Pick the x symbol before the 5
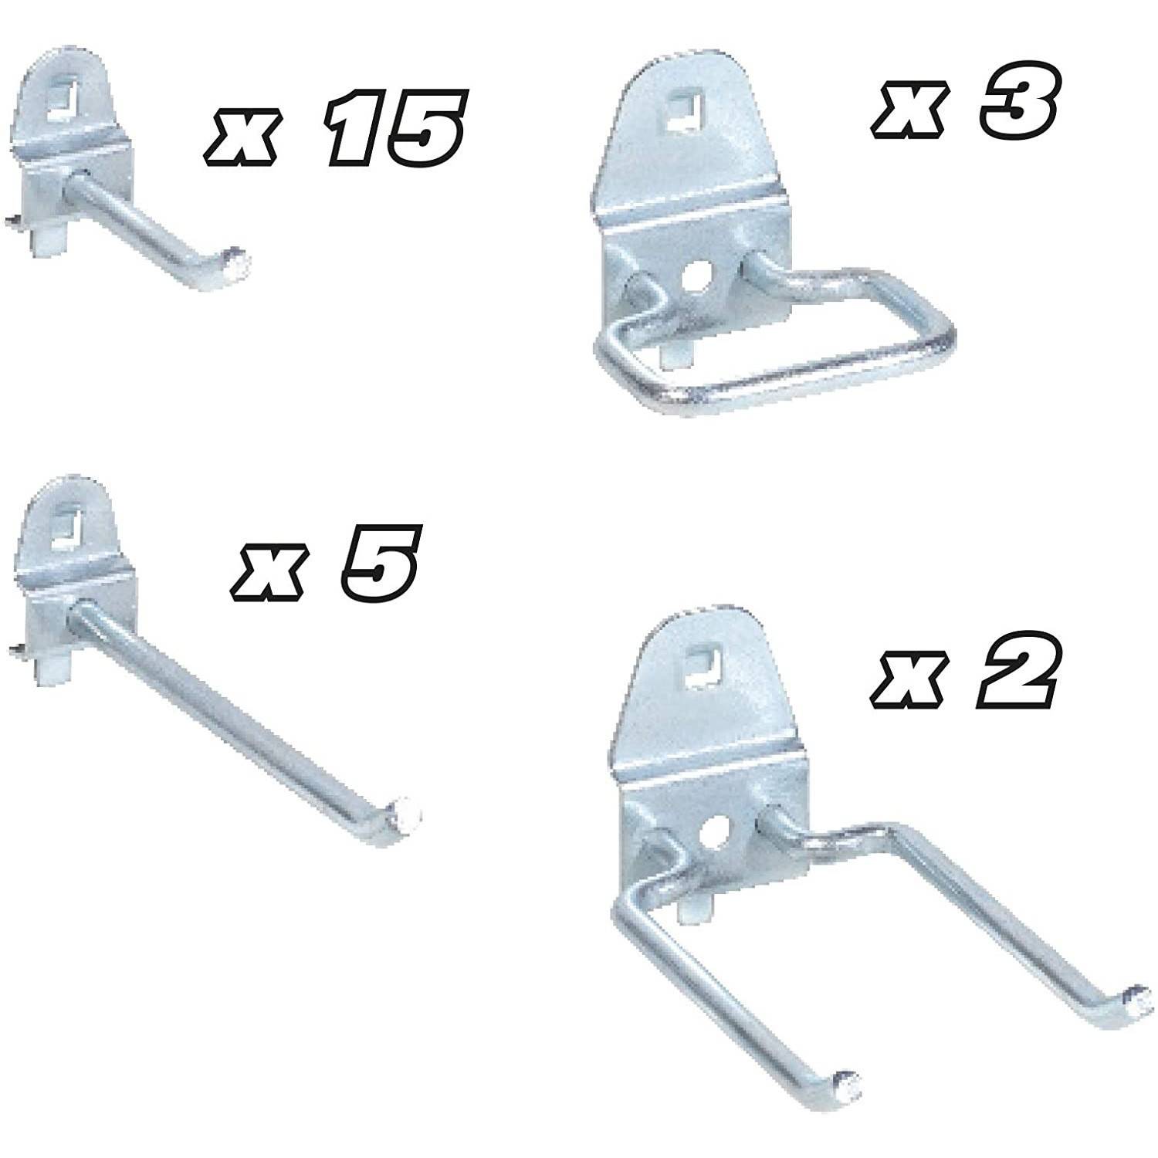tap(266, 572)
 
